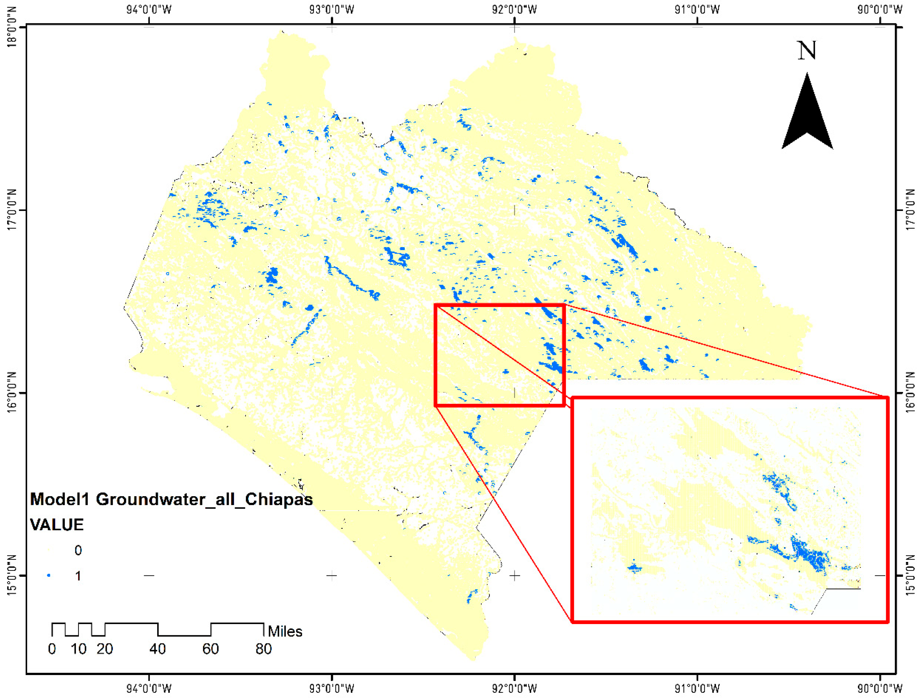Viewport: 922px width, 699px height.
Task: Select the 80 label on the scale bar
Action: (x=263, y=649)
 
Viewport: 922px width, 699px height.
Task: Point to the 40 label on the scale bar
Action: (x=157, y=649)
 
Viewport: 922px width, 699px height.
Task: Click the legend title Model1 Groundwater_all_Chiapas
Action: (x=171, y=499)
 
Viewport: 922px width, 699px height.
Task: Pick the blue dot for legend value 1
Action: (x=49, y=576)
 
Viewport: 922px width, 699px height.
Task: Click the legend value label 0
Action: (x=78, y=550)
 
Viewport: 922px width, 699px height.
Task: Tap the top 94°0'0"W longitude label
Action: (x=149, y=9)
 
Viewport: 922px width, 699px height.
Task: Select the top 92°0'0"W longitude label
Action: (x=514, y=9)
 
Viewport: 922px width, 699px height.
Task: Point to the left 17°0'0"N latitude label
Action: (x=12, y=210)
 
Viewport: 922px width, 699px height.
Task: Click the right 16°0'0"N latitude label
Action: (x=911, y=392)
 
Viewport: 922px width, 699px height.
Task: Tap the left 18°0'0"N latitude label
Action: (x=12, y=27)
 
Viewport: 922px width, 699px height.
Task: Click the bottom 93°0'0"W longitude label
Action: (x=331, y=688)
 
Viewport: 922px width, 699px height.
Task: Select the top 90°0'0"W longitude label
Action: (x=880, y=9)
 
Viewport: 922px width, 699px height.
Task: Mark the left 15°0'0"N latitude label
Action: (x=12, y=575)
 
